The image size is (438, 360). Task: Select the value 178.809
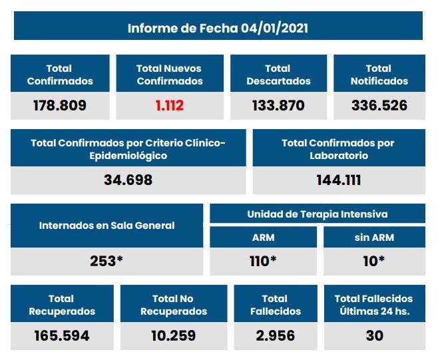(60, 105)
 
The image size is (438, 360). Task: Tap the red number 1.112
(170, 105)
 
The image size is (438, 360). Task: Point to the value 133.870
(278, 105)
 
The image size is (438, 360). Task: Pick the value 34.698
(128, 180)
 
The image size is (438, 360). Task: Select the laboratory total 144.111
(338, 180)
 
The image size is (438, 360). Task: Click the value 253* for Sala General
(107, 261)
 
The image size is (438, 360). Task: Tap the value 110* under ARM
(263, 261)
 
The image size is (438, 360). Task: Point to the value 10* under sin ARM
(373, 261)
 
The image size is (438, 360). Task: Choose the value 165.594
(61, 335)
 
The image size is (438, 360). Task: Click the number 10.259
(173, 335)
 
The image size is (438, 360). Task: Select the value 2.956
(275, 335)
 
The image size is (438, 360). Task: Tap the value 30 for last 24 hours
(373, 335)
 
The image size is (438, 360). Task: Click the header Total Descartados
(278, 75)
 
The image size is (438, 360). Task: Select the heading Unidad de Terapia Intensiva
(317, 214)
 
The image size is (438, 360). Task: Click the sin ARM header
(373, 238)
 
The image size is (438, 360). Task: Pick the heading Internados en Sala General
(107, 226)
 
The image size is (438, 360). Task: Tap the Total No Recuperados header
(173, 305)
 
